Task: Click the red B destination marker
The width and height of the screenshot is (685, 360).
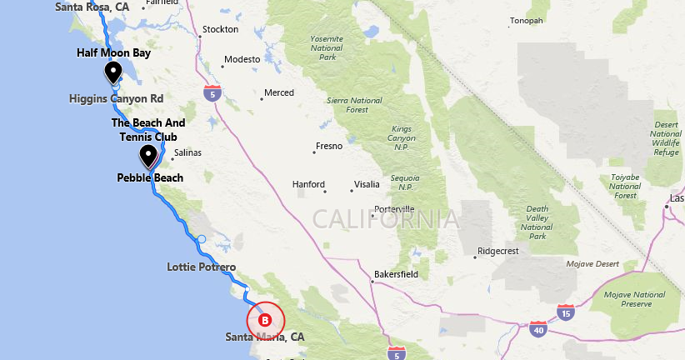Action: coord(266,320)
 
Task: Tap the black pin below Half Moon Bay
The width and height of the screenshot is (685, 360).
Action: coord(113,72)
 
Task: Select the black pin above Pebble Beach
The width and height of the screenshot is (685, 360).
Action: coord(148,155)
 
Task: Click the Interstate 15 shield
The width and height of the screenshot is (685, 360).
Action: coord(566,312)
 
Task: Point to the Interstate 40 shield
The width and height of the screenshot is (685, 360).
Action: coord(538,329)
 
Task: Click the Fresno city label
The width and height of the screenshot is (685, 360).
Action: coord(328,147)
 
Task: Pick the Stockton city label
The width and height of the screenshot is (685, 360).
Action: coord(221,30)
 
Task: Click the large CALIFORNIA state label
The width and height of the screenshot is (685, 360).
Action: coord(385,219)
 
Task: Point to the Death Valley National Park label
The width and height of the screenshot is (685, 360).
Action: coord(537,222)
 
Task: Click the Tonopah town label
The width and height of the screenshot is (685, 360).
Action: coord(526,21)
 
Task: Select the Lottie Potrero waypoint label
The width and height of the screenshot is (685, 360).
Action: coord(202,267)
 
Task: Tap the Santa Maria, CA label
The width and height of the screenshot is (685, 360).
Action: coord(265,337)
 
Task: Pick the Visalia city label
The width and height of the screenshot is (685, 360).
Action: coord(367,184)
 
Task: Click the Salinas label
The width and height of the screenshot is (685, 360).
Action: coord(187,152)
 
